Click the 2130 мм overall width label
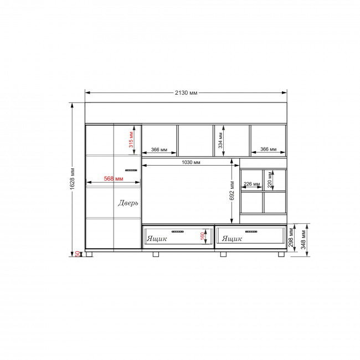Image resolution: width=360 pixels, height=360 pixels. coord(186,92)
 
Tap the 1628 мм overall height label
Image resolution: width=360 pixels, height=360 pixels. coord(73,179)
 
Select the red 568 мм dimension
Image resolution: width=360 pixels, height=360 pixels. coord(114,178)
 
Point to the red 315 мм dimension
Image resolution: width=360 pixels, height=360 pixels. coord(131,140)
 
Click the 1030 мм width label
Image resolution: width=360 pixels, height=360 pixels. coord(191,162)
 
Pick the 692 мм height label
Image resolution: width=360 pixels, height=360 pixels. coord(232,191)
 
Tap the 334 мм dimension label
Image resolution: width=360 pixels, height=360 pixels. coord(220,140)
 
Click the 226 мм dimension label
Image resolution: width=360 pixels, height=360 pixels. coord(251,184)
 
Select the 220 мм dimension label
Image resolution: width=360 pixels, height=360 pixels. coord(270,180)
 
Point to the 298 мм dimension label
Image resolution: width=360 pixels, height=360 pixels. coord(291,238)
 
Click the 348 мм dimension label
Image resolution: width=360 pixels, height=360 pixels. coord(304,239)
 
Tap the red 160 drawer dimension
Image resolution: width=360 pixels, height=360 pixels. coord(202,236)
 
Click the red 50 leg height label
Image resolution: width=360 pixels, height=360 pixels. coord(78,254)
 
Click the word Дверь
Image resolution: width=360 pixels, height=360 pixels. coord(128,203)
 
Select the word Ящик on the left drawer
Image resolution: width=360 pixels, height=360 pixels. coord(157,239)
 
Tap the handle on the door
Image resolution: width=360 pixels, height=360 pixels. coord(131,170)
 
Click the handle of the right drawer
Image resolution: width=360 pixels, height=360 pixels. coord(251,232)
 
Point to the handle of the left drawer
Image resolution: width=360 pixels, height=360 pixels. coord(178,232)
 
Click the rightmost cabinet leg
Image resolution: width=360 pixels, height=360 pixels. coord(281,254)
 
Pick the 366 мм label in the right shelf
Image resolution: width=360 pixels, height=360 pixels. coord(269,149)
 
